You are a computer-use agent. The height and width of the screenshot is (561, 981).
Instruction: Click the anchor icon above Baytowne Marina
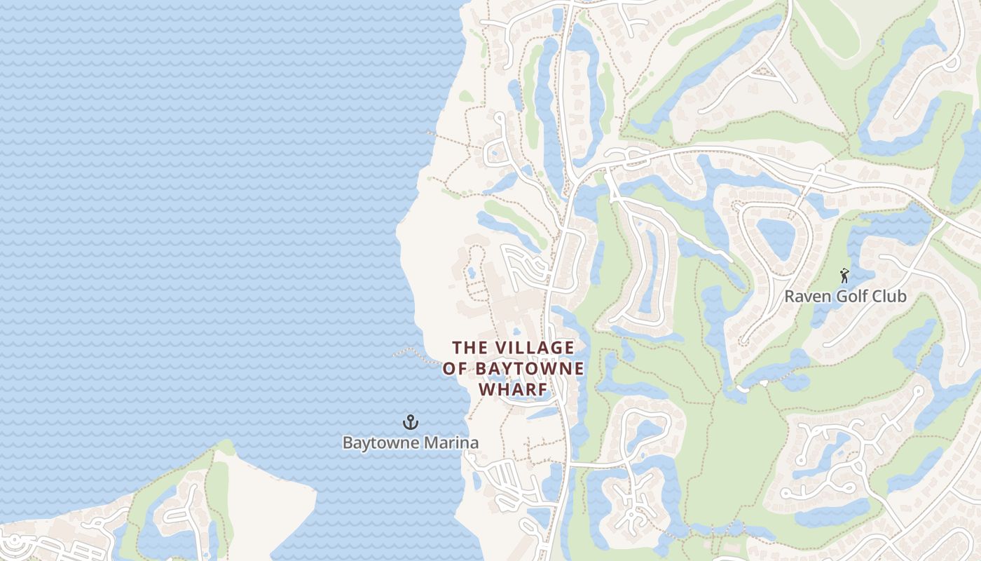pyautogui.click(x=410, y=422)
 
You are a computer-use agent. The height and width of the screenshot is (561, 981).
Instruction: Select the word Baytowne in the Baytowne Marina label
pyautogui.click(x=376, y=443)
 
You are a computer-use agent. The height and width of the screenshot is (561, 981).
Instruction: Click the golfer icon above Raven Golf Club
pyautogui.click(x=844, y=276)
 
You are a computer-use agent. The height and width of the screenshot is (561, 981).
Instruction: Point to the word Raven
pyautogui.click(x=803, y=297)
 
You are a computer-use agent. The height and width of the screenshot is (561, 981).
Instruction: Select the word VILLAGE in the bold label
pyautogui.click(x=535, y=348)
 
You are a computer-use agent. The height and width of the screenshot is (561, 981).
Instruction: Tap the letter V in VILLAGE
pyautogui.click(x=499, y=348)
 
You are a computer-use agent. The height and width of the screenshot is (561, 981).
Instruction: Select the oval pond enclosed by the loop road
pyautogui.click(x=775, y=237)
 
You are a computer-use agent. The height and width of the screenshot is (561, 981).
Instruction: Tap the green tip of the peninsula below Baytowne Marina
pyautogui.click(x=226, y=447)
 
